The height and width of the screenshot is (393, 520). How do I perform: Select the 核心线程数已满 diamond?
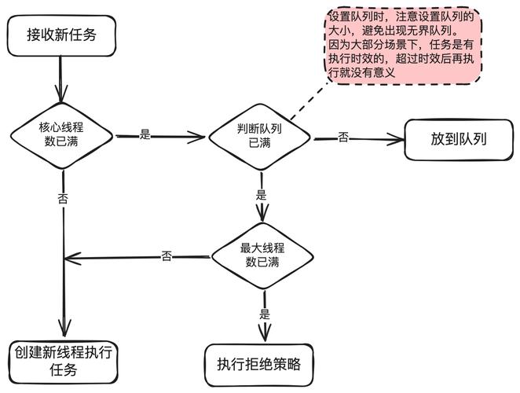[x=62, y=135]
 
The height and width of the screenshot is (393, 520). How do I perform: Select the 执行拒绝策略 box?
[x=260, y=364]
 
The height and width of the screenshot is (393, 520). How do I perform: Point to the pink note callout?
[x=402, y=44]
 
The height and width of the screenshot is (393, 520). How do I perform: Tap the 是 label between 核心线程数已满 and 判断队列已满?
[x=145, y=134]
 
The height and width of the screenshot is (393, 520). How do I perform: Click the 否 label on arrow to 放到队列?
[x=343, y=137]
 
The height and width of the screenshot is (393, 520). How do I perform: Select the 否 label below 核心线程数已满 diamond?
[x=63, y=198]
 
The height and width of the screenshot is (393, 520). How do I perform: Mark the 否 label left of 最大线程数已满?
[x=167, y=256]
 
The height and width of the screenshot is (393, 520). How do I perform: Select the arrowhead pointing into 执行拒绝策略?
[x=264, y=335]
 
